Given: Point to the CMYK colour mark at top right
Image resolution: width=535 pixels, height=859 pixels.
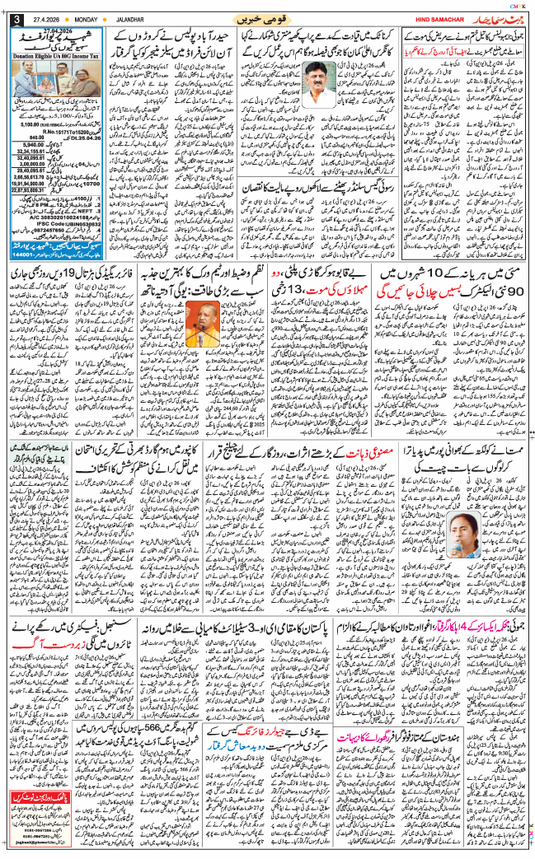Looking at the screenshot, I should pyautogui.click(x=518, y=6).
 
